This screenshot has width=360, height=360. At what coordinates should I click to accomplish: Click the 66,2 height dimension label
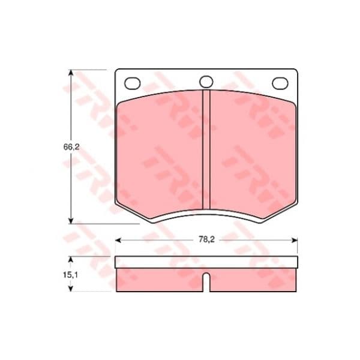71,147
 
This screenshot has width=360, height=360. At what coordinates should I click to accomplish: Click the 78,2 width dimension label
206,239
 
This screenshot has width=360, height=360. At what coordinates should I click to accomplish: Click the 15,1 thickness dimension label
70,275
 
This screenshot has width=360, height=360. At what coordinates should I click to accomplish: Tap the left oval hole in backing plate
133,83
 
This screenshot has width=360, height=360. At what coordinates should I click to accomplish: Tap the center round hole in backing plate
206,82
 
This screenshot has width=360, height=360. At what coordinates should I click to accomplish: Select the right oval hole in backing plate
280,83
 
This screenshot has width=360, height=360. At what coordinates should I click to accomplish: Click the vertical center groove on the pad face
206,149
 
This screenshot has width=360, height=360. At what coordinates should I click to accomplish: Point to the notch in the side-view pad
206,282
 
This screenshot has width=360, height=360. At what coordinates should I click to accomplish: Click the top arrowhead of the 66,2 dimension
71,73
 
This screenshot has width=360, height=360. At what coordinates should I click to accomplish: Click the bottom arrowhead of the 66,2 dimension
71,220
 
